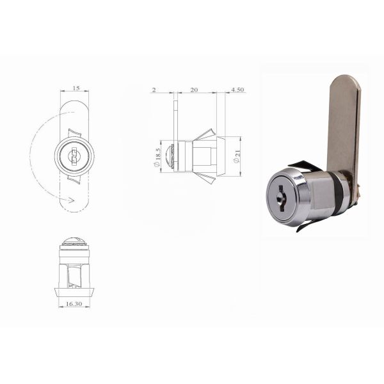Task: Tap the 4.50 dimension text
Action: (x=237, y=90)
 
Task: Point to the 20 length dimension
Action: (x=194, y=90)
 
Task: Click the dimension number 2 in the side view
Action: (x=154, y=90)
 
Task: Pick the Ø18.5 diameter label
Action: (x=156, y=157)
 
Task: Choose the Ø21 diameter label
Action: (x=236, y=156)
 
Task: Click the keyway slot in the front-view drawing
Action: (x=74, y=156)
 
